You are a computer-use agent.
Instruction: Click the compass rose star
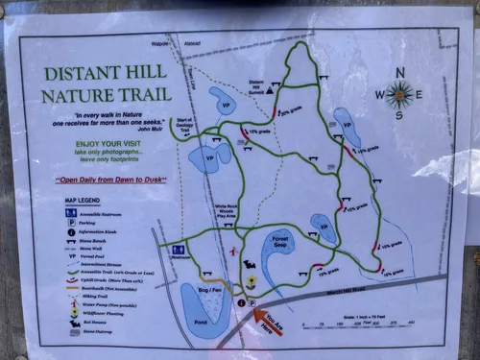pos(399,93)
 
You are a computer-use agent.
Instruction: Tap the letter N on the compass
pos(400,71)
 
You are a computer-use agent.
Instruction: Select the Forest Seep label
pos(280,244)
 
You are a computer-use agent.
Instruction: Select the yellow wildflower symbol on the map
pos(252,282)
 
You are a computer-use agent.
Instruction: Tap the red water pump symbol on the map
pos(235,252)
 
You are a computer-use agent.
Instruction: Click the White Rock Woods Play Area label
pos(227,211)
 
